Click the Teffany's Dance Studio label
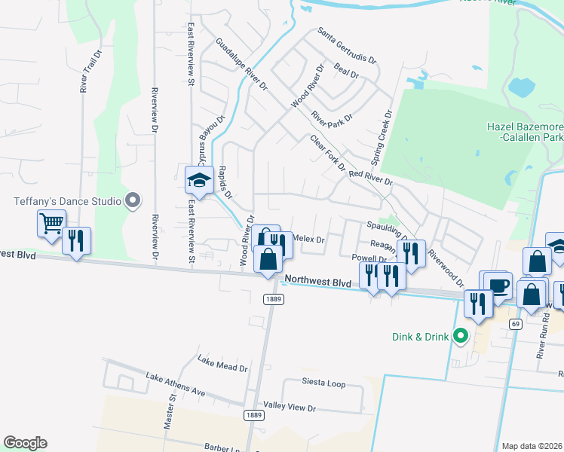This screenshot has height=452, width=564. point(66,201)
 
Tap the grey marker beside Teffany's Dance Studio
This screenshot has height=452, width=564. point(133,200)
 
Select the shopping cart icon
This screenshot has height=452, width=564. point(51,222)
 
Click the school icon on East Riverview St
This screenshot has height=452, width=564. point(200,179)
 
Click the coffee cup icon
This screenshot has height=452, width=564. point(498,286)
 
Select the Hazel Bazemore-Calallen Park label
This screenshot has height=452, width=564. point(526,133)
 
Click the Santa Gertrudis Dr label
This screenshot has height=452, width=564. point(347,46)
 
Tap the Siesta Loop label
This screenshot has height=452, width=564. point(323,383)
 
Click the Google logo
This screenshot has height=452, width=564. point(25,443)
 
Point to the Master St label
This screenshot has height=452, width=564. point(170,411)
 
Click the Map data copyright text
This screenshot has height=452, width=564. point(532,446)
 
